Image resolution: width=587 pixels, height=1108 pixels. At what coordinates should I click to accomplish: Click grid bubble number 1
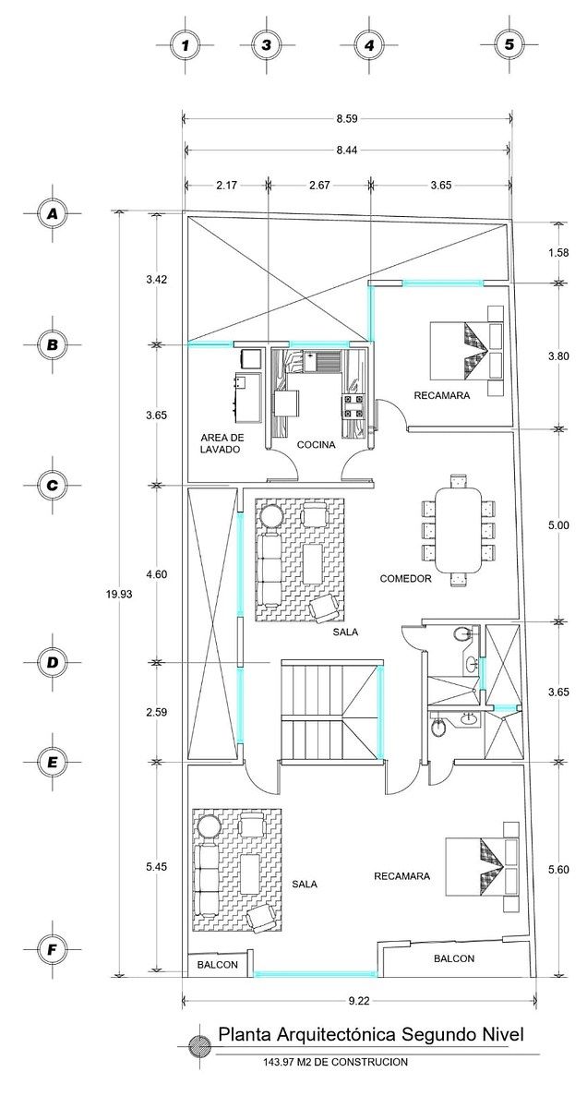[186, 45]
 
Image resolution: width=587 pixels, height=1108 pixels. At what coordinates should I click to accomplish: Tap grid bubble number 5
[509, 44]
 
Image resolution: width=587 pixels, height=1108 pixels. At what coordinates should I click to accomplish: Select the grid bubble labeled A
[52, 213]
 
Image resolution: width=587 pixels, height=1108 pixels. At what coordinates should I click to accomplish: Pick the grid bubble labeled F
[52, 949]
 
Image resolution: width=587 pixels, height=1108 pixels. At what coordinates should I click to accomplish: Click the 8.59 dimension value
[347, 119]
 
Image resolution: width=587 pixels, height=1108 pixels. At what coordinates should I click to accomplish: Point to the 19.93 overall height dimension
[119, 594]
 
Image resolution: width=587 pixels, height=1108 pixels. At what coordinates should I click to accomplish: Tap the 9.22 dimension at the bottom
[359, 1000]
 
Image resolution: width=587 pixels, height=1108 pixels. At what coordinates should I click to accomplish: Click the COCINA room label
[316, 445]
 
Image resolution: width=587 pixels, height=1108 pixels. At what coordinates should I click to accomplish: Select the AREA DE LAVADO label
[222, 443]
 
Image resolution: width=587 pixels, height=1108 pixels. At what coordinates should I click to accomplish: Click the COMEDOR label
[405, 578]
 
